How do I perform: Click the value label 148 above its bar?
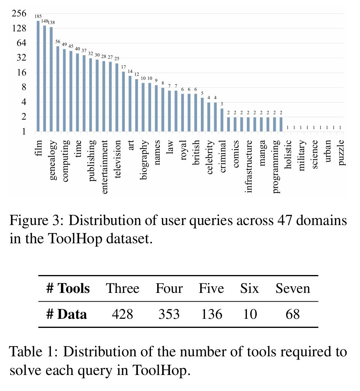pyautogui.click(x=44, y=21)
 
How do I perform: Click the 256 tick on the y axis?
pyautogui.click(x=19, y=14)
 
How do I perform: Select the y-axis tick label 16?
pyautogui.click(x=19, y=73)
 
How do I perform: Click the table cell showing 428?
pyautogui.click(x=123, y=314)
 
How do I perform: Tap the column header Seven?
pyautogui.click(x=293, y=289)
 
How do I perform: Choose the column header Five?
pyautogui.click(x=211, y=289)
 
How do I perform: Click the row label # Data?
pyautogui.click(x=67, y=314)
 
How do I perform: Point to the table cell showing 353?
pyautogui.click(x=169, y=314)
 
